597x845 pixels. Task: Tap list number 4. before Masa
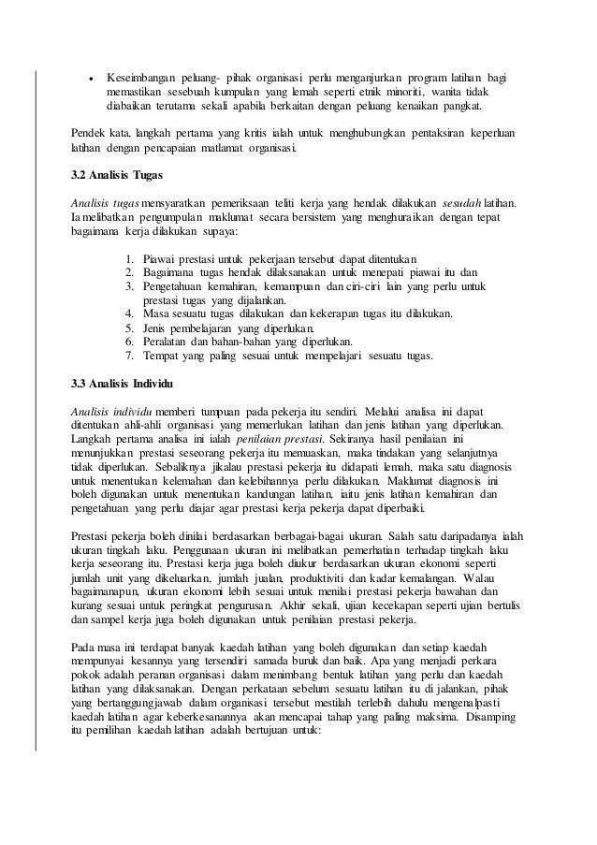pyautogui.click(x=129, y=313)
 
